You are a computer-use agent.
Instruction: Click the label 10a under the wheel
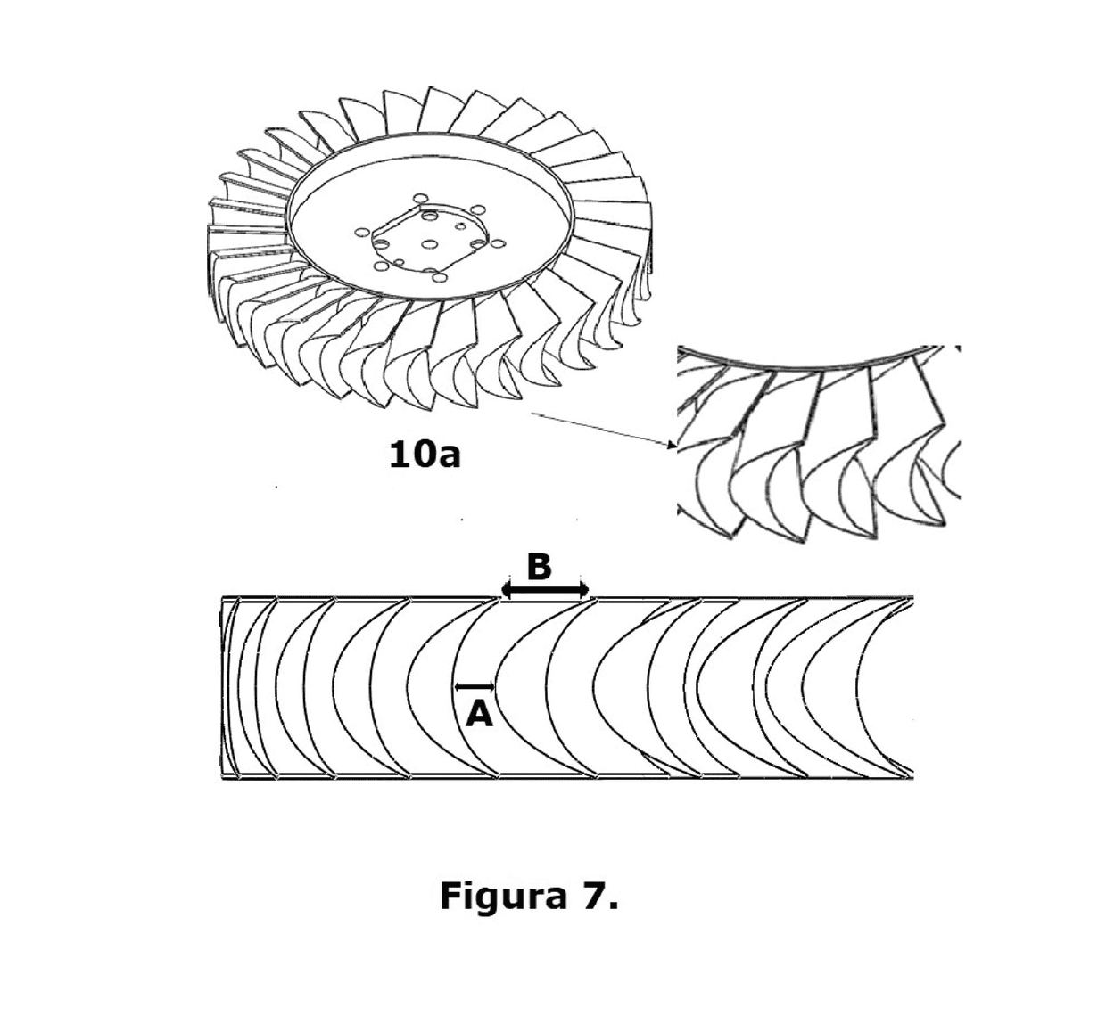424,455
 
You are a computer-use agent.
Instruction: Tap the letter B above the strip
539,567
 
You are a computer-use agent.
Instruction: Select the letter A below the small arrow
479,715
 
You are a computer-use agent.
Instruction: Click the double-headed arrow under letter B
545,591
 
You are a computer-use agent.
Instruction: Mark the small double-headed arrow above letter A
475,686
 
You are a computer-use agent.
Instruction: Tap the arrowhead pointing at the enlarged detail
673,445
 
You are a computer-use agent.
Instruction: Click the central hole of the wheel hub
428,244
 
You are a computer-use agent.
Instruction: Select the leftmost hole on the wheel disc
361,233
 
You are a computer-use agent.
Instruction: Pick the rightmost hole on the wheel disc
498,243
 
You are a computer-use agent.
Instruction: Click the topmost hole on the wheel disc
421,199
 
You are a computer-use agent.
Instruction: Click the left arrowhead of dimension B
506,591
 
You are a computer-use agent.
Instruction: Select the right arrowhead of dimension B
584,591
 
